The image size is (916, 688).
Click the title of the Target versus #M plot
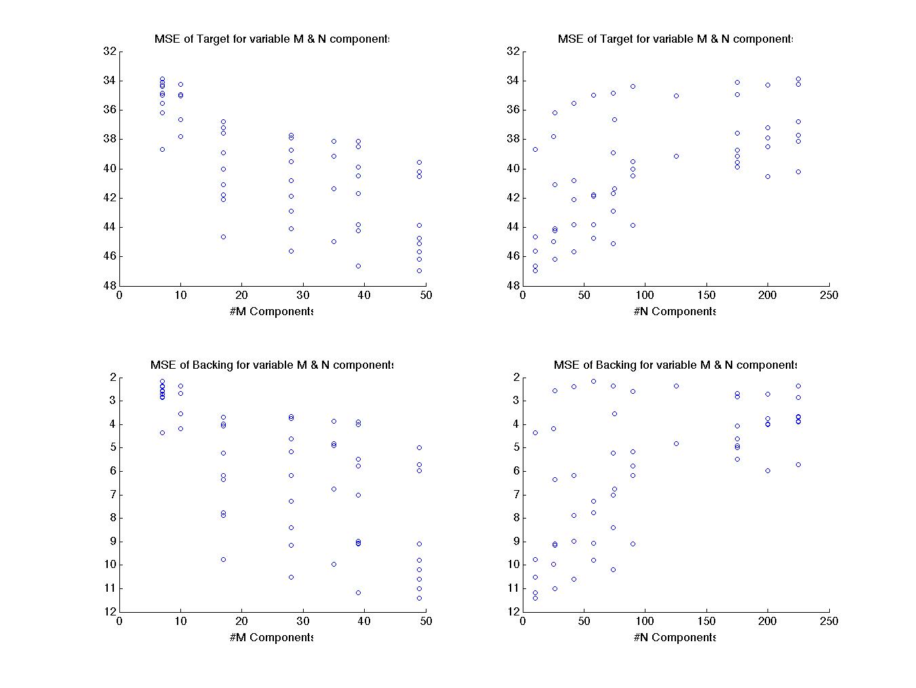coord(272,39)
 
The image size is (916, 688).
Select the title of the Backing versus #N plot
coord(675,365)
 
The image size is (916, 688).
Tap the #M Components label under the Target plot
coord(271,312)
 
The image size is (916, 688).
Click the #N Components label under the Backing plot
coord(675,638)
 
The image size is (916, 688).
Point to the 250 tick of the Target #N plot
coord(829,296)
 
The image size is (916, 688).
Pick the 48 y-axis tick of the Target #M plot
coord(109,285)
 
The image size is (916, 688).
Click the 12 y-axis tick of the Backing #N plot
coord(513,611)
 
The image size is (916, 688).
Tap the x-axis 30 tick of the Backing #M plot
coord(303,621)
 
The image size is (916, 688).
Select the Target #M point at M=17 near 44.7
coord(223,237)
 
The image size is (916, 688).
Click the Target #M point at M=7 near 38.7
coord(162,149)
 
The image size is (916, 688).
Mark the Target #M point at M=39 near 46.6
coord(358,266)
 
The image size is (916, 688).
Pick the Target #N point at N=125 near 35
coord(676,96)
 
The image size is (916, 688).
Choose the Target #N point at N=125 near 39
coord(676,156)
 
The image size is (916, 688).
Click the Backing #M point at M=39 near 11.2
coord(358,592)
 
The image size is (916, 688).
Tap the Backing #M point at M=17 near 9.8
coord(223,559)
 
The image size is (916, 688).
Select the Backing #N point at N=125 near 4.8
coord(676,443)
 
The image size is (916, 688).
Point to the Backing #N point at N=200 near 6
coord(768,470)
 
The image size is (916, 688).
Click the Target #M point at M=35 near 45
coord(334,241)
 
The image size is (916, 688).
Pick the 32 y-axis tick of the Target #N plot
coord(513,51)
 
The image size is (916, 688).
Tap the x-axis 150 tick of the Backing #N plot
coord(706,621)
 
